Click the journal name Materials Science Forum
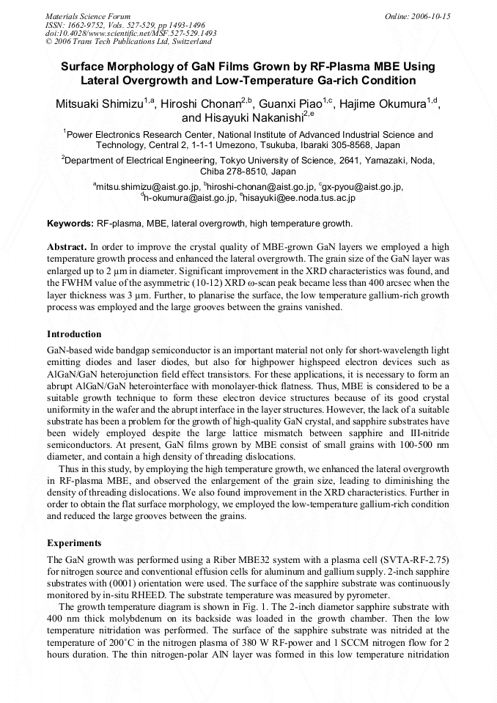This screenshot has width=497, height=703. tap(88, 15)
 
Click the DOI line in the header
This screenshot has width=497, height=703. tap(130, 33)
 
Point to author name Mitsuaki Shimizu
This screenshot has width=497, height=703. tap(100, 104)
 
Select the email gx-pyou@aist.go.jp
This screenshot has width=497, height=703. tap(362, 187)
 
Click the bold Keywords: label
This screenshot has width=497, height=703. tap(70, 223)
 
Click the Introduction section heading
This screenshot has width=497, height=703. tap(74, 334)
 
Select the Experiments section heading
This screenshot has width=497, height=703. tap(73, 543)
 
